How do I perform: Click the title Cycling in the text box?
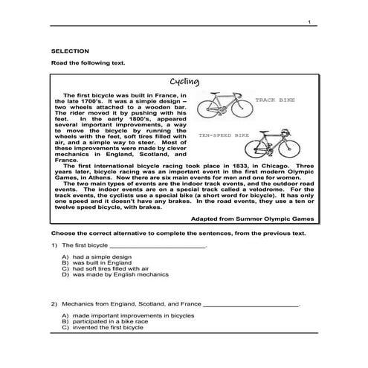point(182,82)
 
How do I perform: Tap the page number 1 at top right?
point(308,24)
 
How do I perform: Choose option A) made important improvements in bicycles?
point(126,315)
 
